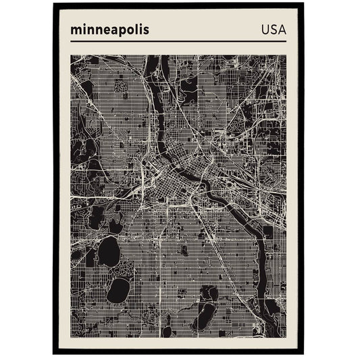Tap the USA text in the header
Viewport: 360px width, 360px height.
(x=273, y=30)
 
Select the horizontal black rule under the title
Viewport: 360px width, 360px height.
(x=178, y=42)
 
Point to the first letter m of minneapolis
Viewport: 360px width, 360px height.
(x=74, y=30)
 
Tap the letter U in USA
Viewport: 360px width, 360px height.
(x=264, y=30)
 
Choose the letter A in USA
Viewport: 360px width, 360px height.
(x=281, y=30)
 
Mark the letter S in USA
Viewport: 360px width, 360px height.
(x=273, y=30)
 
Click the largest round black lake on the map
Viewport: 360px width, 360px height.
(x=108, y=252)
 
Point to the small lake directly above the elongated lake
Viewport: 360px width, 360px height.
(x=209, y=293)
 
